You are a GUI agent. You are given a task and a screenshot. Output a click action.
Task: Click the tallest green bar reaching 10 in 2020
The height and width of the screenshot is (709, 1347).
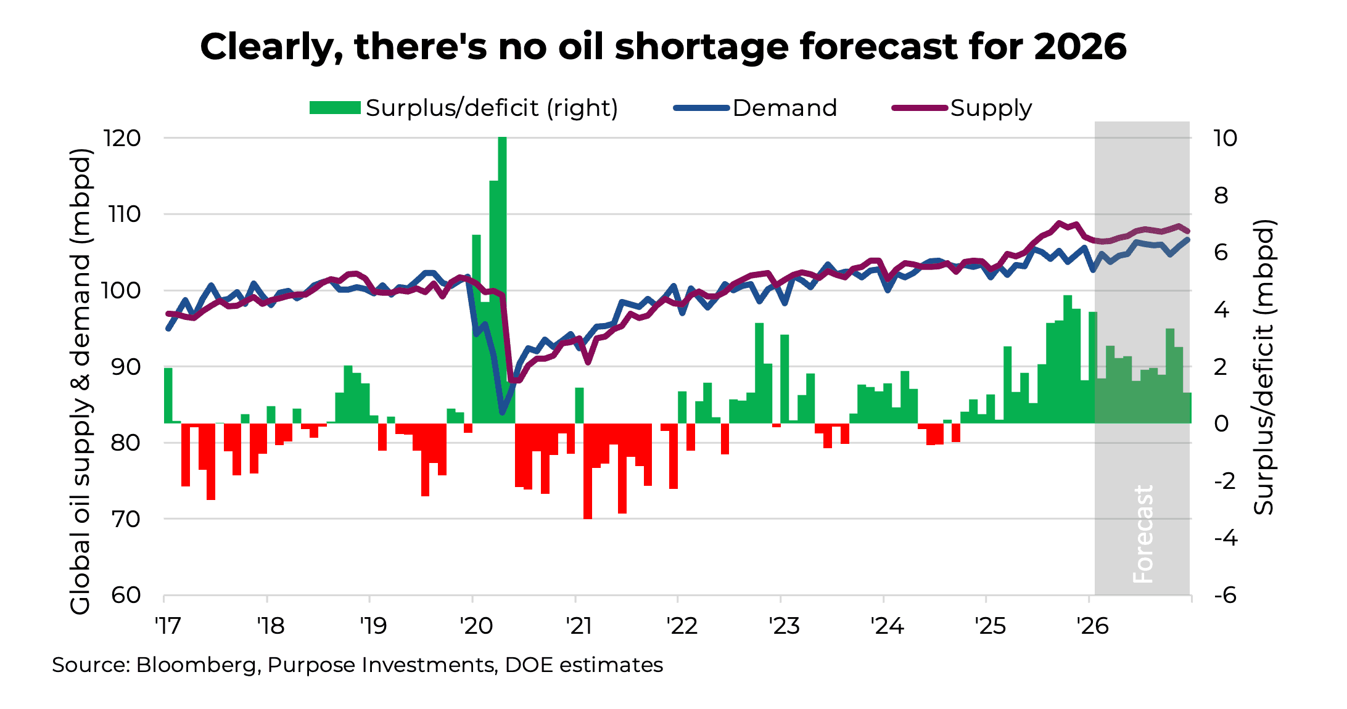(502, 277)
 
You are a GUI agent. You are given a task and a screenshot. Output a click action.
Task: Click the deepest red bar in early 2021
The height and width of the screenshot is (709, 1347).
(588, 472)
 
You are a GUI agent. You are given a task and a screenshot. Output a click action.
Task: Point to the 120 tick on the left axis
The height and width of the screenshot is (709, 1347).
(122, 138)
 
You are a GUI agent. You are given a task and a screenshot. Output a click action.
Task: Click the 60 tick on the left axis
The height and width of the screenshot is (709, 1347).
(126, 595)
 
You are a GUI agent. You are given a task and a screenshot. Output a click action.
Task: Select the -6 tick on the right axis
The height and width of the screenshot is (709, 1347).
(1225, 595)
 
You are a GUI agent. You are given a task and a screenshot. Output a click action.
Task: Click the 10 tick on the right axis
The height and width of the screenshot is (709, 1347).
(1225, 138)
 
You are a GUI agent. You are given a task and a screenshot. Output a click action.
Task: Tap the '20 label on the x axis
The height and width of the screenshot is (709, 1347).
(476, 626)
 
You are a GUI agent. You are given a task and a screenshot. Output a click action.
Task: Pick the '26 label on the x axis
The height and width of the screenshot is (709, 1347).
(1092, 626)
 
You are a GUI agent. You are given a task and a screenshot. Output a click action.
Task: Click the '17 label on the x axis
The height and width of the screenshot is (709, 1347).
(168, 626)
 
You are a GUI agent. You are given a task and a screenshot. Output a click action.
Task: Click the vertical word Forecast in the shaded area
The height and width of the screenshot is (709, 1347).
(1143, 534)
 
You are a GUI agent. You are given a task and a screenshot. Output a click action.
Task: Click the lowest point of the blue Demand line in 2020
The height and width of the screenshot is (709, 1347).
(502, 412)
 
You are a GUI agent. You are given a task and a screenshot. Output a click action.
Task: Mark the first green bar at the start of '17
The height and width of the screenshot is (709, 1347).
(168, 395)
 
